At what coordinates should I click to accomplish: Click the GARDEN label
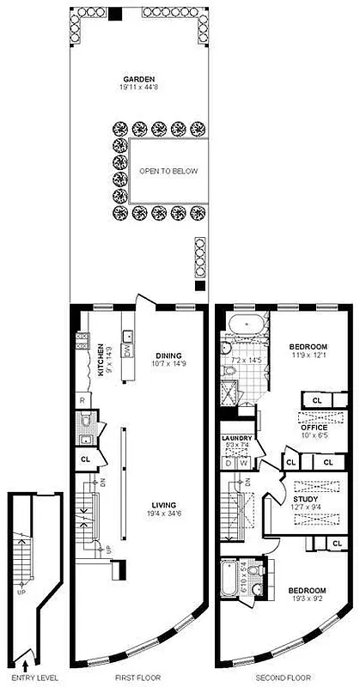137,78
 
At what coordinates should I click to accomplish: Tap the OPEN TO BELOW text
168,171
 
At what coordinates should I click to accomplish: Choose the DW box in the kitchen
127,350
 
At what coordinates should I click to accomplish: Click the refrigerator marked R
82,400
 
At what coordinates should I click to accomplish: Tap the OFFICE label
314,427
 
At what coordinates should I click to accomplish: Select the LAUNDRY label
236,439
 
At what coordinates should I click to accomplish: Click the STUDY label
305,498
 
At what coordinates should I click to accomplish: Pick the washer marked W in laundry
244,464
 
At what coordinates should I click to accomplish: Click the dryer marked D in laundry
229,464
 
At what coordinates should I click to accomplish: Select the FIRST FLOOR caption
137,678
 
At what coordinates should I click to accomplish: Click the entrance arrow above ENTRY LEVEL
25,664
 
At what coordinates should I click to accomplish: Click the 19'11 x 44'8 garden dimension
137,87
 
